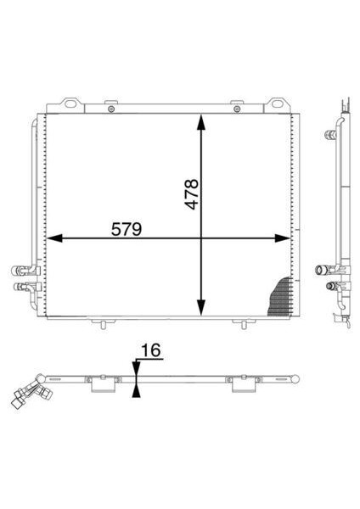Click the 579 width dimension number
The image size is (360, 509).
127,229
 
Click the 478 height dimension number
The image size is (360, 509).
191,193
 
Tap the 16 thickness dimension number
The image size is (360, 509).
151,350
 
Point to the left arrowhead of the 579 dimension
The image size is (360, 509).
54,238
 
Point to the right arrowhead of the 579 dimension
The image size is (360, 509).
283,238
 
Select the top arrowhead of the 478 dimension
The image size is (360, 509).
201,121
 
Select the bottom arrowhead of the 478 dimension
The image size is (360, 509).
201,307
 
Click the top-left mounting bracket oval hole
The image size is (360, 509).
70,103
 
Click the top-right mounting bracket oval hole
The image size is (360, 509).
277,103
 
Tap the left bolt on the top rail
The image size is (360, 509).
111,109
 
